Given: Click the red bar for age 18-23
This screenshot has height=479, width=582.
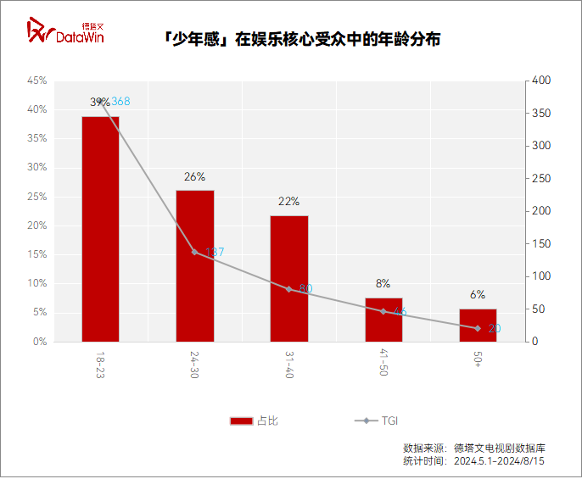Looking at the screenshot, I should pos(100,229).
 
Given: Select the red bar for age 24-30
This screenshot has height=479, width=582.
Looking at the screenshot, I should pos(194,265).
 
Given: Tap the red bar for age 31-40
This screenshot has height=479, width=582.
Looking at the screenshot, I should pos(289,278).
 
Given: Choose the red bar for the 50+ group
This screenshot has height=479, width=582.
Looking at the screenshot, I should pos(478,325).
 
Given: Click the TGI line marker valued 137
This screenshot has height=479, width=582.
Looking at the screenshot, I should pos(194,252).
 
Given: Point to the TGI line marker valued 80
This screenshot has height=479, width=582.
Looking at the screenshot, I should pos(289,289).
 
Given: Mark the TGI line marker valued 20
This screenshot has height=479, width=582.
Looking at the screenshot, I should pos(478,328).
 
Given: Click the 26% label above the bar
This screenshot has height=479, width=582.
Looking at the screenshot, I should pos(194,177).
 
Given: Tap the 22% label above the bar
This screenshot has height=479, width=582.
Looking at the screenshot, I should pos(289,202).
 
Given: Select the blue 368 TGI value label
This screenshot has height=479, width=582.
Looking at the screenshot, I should pos(120,102).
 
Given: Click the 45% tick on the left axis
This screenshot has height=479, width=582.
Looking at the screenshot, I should pos(36,81).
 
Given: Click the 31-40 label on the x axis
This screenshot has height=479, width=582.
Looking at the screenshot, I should pos(289,363).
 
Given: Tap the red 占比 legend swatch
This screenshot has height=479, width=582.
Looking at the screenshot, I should pos(242,421).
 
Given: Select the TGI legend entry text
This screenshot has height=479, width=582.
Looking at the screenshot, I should pos(389,421).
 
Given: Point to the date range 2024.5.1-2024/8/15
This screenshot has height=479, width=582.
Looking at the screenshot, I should pos(499,461).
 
